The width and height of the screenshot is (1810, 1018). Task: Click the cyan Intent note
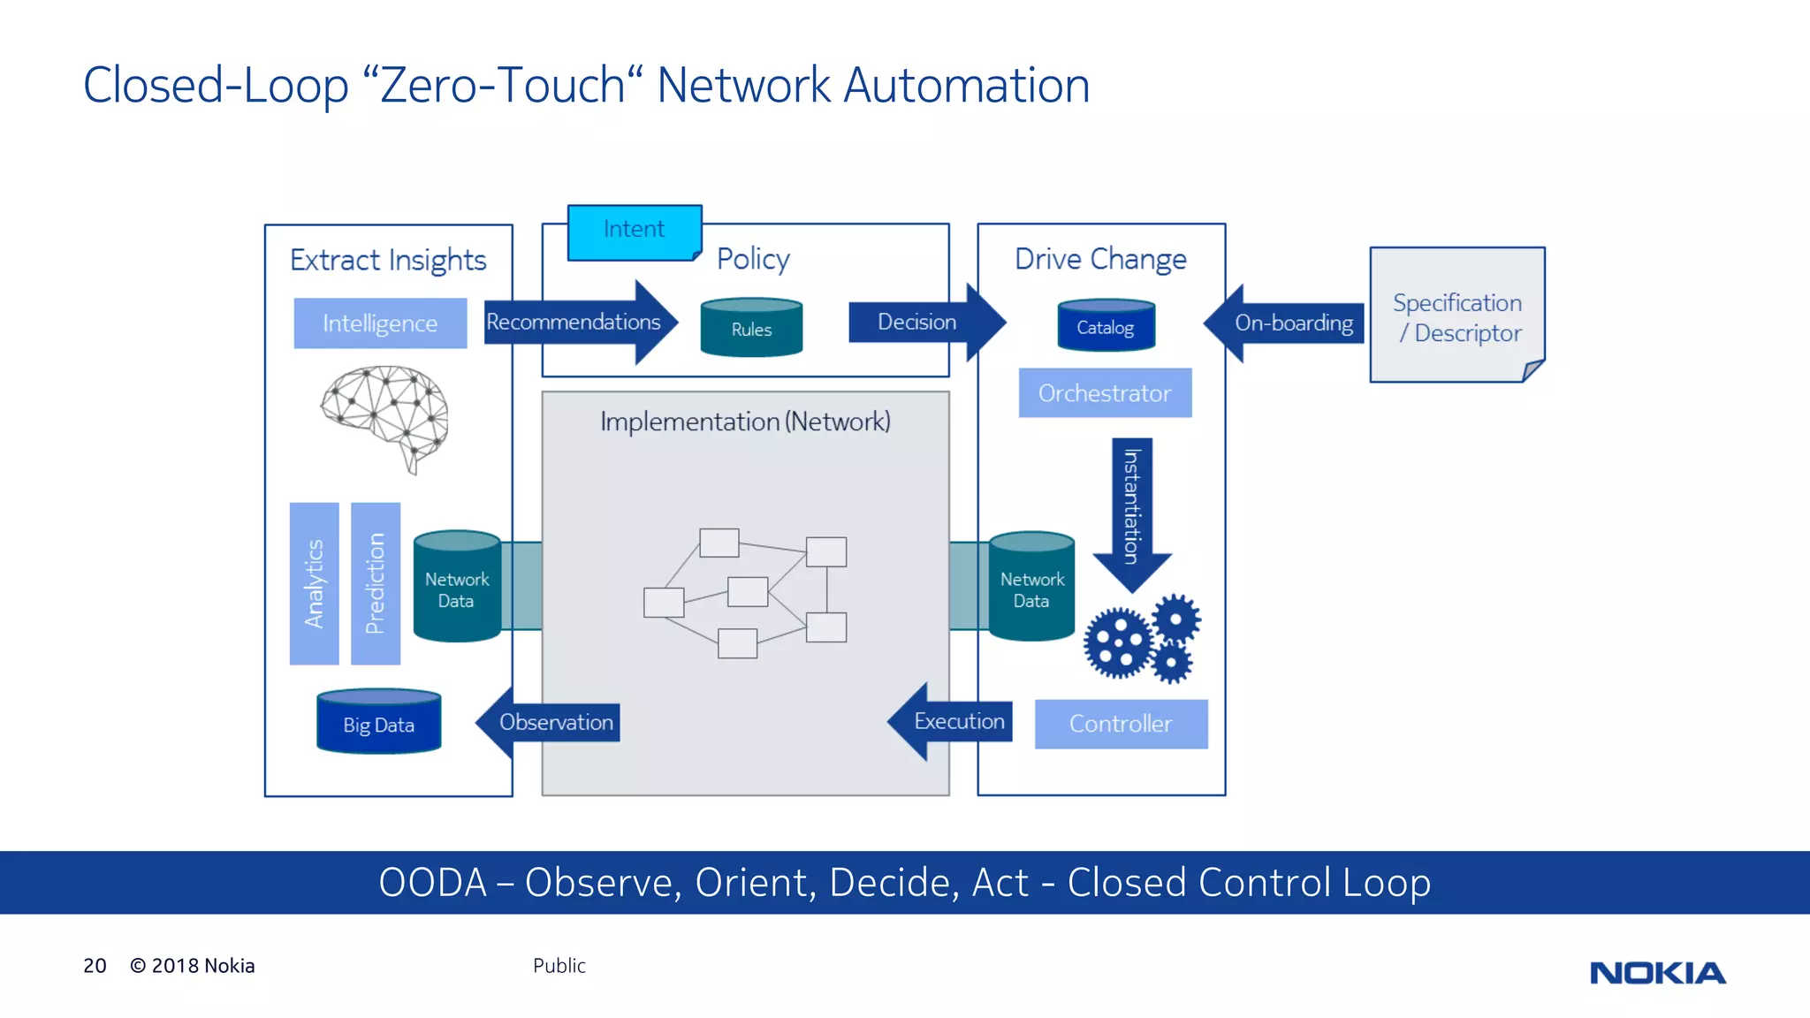(634, 232)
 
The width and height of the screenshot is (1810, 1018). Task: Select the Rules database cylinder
(751, 328)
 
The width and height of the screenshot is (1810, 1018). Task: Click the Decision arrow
(919, 323)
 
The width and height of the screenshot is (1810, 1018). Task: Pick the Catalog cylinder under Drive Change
(1106, 326)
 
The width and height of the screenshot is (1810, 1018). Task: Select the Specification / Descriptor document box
(1456, 315)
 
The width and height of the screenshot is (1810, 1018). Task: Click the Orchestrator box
(1105, 393)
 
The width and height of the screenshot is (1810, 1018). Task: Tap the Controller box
(1121, 724)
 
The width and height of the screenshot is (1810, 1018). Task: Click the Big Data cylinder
(378, 723)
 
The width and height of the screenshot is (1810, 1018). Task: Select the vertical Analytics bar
(314, 583)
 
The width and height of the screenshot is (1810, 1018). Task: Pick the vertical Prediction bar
(376, 583)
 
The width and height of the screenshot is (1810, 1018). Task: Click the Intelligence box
(380, 323)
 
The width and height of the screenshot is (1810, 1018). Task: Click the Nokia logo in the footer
(1656, 973)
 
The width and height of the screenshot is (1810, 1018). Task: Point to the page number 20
(95, 966)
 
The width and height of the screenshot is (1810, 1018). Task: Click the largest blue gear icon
(1118, 643)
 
